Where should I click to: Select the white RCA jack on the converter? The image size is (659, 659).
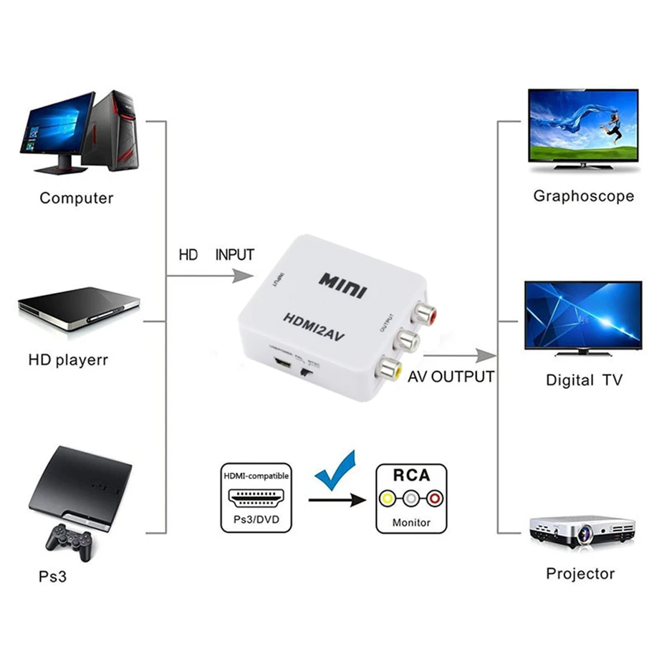click(407, 339)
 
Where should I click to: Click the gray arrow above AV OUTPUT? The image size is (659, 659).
click(484, 355)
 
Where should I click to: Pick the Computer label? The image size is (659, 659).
click(76, 198)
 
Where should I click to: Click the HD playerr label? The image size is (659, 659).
click(68, 360)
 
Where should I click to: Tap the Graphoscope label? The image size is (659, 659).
click(583, 196)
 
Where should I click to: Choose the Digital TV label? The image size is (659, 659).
click(584, 380)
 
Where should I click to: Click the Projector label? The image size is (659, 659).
click(580, 574)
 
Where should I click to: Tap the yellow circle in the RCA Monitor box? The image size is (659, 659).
click(387, 497)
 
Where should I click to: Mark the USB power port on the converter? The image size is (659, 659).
click(281, 365)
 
